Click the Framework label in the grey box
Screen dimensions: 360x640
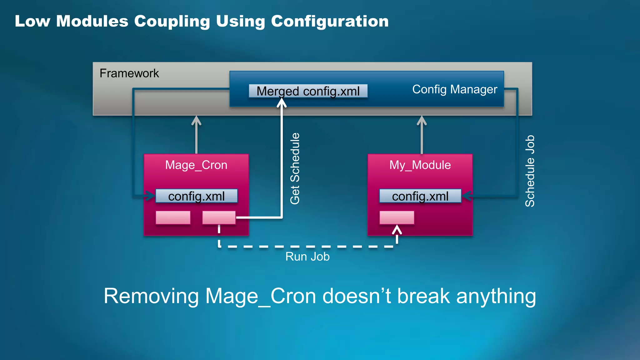click(129, 73)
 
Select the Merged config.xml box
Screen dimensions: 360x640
click(308, 91)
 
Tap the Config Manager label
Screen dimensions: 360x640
click(454, 90)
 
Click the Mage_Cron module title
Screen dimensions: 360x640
click(196, 165)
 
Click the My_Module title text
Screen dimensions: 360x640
click(420, 165)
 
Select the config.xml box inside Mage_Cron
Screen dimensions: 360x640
click(196, 196)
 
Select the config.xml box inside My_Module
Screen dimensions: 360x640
click(420, 196)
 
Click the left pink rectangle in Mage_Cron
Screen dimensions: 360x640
click(173, 217)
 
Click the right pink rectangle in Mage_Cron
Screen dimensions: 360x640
click(219, 217)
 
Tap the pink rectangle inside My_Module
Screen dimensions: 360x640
click(397, 217)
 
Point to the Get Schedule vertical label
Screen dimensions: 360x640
click(295, 169)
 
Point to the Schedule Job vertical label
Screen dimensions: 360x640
click(530, 171)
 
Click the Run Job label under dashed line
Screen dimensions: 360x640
click(307, 257)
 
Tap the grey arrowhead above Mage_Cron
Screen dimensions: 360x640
click(196, 120)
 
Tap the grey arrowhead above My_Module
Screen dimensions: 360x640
click(422, 120)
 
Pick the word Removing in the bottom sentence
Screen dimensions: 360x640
click(151, 296)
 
